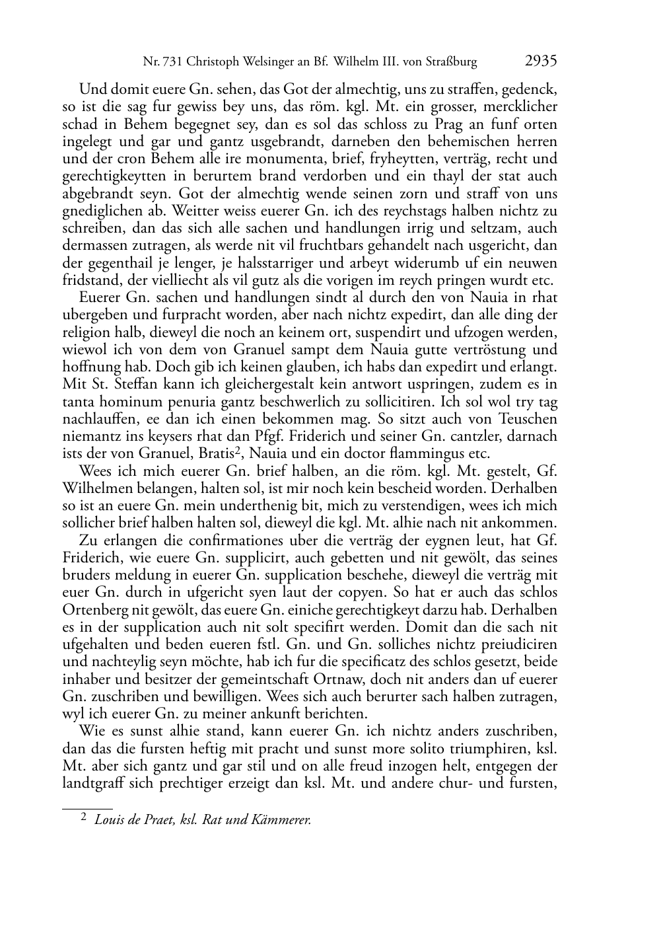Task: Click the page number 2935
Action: click(x=541, y=61)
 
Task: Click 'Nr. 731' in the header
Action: click(x=163, y=63)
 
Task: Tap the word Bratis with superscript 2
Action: click(x=204, y=453)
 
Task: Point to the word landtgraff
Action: click(x=94, y=784)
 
